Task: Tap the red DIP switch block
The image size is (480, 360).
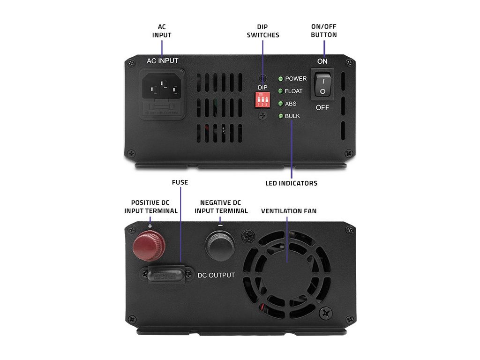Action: (262, 99)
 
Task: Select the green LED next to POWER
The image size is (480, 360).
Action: (280, 79)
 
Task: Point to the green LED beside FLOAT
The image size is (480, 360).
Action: (280, 91)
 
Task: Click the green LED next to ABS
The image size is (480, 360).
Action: (280, 104)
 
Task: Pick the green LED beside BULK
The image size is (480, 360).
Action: (280, 116)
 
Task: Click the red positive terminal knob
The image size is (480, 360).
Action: (149, 247)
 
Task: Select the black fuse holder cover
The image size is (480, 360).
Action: (165, 275)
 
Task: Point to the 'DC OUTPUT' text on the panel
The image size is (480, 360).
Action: (216, 275)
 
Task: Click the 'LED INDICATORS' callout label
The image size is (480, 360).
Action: (291, 183)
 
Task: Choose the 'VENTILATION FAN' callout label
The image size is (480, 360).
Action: (289, 211)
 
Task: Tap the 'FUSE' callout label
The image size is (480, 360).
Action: (180, 182)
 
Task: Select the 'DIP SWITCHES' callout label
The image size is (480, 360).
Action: (263, 31)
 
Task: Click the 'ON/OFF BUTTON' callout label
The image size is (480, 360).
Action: (324, 31)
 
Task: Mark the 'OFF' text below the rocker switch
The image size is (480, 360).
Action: (322, 108)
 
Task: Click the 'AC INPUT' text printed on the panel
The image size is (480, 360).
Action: (163, 61)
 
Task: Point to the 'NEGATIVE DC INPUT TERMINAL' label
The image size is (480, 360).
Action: (221, 207)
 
